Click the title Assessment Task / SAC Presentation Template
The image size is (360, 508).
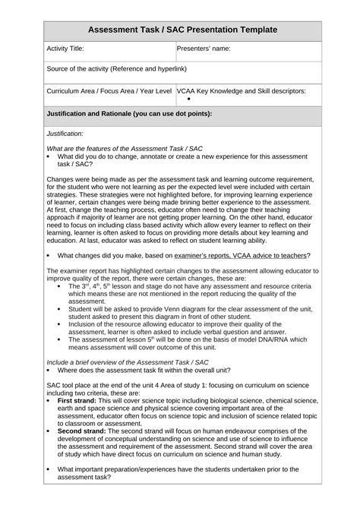[179, 30]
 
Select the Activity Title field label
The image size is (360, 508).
[65, 48]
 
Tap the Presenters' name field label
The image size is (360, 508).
[203, 48]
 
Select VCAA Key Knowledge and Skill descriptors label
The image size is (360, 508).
[242, 90]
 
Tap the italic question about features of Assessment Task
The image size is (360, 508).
[114, 148]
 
